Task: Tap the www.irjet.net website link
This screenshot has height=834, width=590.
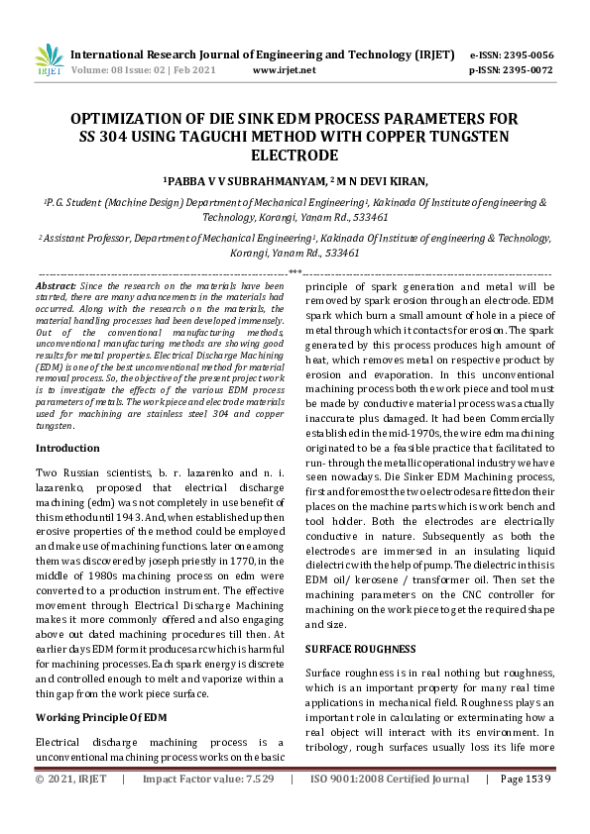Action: (x=285, y=70)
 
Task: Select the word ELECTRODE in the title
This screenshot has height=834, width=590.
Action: (x=295, y=156)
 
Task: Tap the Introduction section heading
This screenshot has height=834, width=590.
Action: (x=67, y=448)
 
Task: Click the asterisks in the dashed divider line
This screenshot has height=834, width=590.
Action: (x=295, y=270)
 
